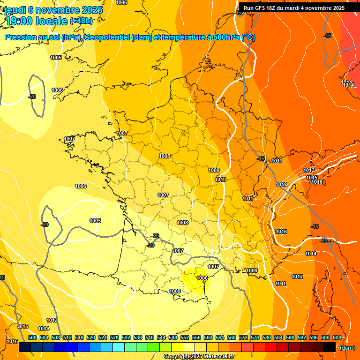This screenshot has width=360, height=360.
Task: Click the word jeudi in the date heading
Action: (x=16, y=10)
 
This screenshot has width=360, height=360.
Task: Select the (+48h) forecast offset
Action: (x=81, y=21)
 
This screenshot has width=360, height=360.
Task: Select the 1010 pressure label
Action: (x=220, y=180)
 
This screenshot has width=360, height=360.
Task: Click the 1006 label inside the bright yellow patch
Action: (x=202, y=278)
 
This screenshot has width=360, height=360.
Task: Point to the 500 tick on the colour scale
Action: (x=32, y=337)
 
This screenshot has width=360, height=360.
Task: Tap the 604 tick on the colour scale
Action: (x=337, y=337)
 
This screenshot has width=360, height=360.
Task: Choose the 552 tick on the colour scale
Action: (x=185, y=337)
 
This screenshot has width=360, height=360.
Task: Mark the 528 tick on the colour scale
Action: (x=114, y=337)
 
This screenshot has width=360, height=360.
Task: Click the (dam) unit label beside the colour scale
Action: (x=347, y=348)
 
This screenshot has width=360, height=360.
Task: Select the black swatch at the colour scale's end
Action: (x=330, y=347)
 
